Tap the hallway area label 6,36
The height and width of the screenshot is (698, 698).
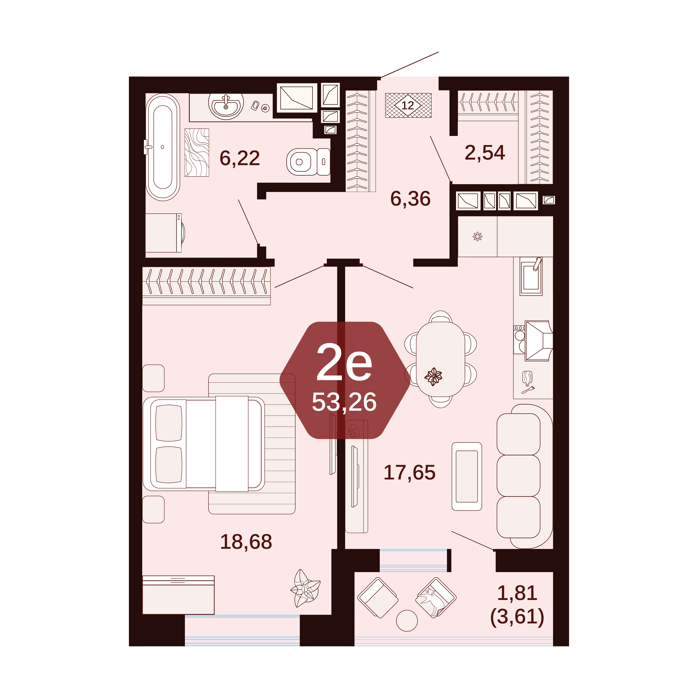coord(410,199)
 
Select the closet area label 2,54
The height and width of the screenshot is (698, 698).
coord(485,152)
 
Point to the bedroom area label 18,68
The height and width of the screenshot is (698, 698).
coord(246,542)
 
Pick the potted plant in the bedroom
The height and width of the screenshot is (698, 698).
coord(305,588)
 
